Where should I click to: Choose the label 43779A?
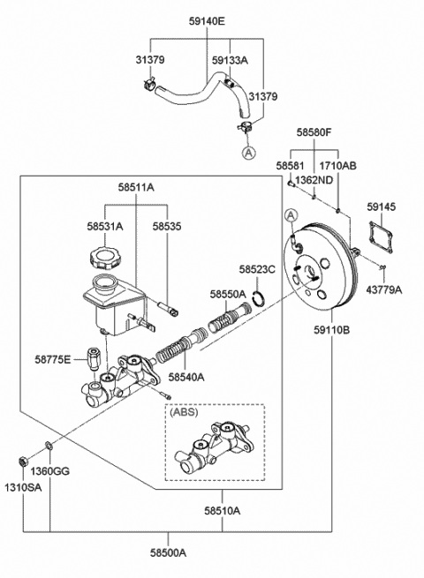(384, 289)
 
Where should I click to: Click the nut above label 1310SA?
(25, 461)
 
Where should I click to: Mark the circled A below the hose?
(250, 152)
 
